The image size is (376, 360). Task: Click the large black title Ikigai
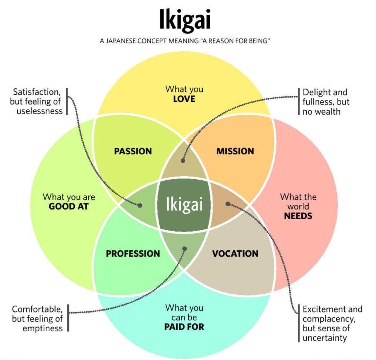tap(185, 22)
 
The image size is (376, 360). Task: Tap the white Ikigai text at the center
tap(184, 204)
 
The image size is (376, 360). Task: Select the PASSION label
tap(133, 151)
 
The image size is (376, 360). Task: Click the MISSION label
tap(235, 151)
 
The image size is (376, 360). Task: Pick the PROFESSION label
tap(133, 254)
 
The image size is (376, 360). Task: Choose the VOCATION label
tap(235, 254)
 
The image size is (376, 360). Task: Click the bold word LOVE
tap(184, 99)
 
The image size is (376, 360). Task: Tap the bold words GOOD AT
tap(68, 206)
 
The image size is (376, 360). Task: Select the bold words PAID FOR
tap(184, 327)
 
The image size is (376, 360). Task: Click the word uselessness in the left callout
tap(39, 111)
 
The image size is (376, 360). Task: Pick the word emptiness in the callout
tap(42, 328)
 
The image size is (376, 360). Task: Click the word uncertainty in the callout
tap(325, 338)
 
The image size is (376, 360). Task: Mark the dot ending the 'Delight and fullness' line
tap(183, 160)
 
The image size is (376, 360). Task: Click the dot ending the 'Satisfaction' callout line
tap(140, 206)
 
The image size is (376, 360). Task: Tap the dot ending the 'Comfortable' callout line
tap(185, 249)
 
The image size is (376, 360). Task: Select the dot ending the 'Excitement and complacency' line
tap(228, 204)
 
